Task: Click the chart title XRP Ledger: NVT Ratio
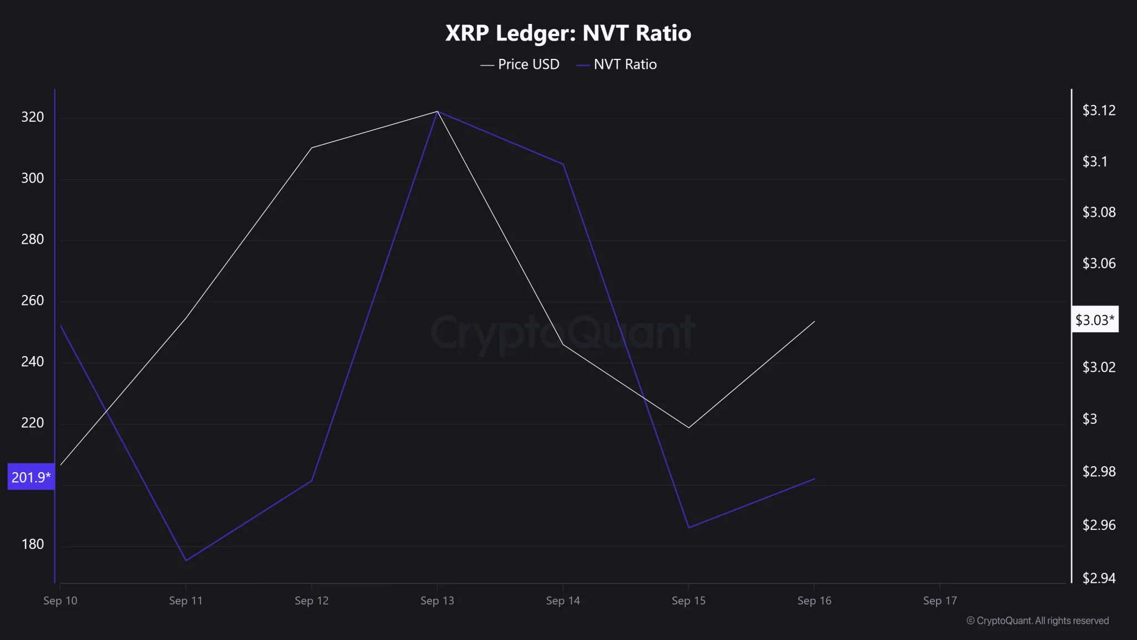[x=568, y=33]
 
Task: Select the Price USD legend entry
[x=520, y=64]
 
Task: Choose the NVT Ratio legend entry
[x=617, y=64]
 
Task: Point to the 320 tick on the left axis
[x=32, y=117]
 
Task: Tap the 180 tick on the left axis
[x=32, y=544]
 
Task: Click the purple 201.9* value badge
[x=31, y=477]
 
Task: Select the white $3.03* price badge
[x=1094, y=320]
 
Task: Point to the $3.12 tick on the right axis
[x=1099, y=111]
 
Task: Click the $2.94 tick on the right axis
[x=1099, y=578]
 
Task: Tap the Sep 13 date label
[x=437, y=601]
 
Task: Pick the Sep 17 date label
[x=940, y=601]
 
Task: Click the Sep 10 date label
[x=61, y=601]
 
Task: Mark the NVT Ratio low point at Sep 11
[x=186, y=561]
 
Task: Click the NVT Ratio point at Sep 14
[x=564, y=164]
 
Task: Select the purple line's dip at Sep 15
[x=689, y=528]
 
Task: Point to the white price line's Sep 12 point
[x=312, y=148]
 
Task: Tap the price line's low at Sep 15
[x=689, y=428]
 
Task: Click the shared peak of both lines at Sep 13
[x=437, y=112]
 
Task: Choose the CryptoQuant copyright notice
[x=1037, y=621]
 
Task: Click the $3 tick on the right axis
[x=1090, y=419]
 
